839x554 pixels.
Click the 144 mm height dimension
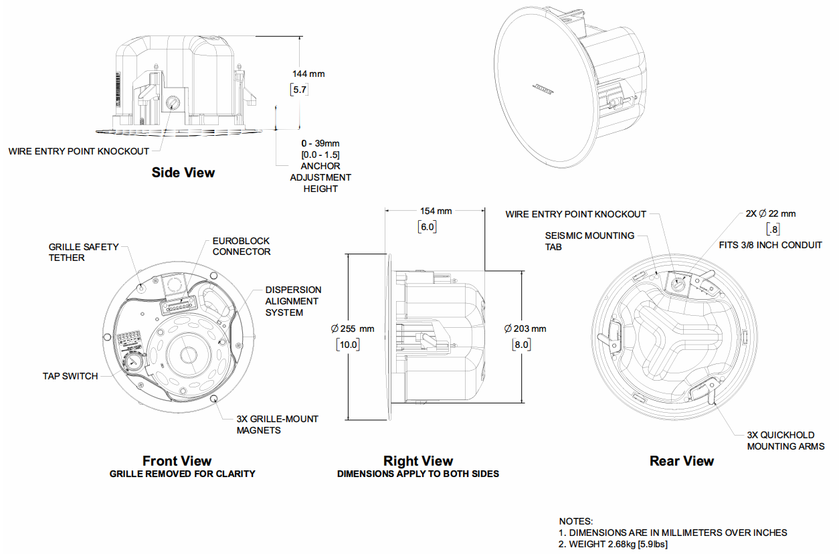pos(308,74)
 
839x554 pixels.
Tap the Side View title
pos(183,173)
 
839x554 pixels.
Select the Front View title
pos(177,461)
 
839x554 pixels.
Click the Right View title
pos(418,461)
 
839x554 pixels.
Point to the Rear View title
pos(682,461)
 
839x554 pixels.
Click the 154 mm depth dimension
pos(436,211)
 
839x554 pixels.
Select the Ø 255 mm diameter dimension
pos(353,329)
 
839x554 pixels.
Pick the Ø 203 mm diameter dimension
pos(525,329)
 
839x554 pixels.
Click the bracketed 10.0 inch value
pos(348,345)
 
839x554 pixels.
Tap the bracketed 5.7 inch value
pos(299,89)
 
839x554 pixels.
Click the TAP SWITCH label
pos(70,376)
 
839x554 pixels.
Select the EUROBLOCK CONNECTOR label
pos(242,246)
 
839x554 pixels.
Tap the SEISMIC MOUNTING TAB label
pos(589,241)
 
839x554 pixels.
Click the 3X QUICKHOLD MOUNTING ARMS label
pos(785,440)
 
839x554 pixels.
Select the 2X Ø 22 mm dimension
pos(771,214)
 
